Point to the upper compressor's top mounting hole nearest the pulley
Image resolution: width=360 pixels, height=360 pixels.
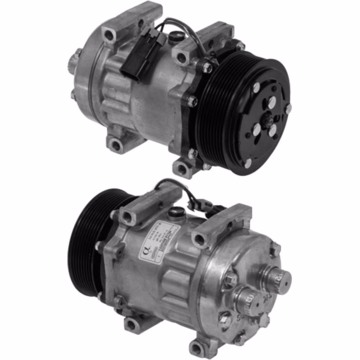click(182, 58)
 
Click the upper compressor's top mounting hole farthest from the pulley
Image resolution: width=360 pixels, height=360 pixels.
click(109, 35)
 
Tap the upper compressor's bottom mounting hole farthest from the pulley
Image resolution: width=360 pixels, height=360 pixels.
click(116, 145)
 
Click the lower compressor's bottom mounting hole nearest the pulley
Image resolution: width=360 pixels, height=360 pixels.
click(132, 324)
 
